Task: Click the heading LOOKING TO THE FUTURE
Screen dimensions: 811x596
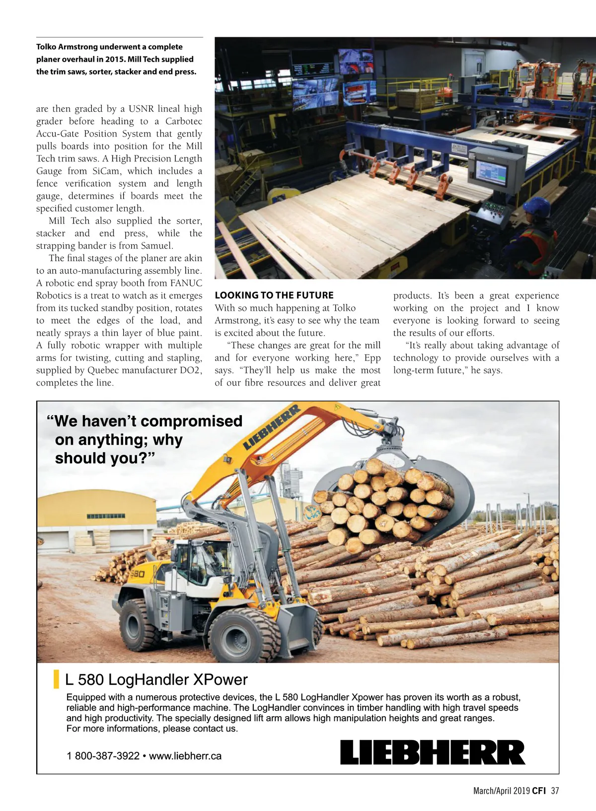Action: point(274,295)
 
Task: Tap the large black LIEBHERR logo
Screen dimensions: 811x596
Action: point(432,752)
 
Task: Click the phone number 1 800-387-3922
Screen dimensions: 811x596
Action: point(103,756)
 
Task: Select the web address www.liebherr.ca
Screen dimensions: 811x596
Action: point(185,756)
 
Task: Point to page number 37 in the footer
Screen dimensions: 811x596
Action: point(555,791)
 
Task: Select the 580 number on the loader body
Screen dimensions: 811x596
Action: point(137,574)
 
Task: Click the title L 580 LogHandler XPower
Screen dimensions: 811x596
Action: point(156,679)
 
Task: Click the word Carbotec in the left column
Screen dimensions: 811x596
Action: point(183,121)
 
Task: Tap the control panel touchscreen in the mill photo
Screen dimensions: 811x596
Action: point(491,172)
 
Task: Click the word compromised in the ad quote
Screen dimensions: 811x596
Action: point(192,421)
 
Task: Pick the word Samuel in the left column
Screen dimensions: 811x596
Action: point(157,246)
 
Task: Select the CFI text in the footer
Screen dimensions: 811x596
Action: point(539,791)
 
